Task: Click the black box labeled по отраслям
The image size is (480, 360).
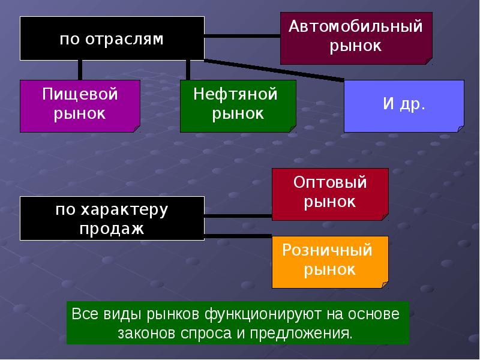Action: pos(112,38)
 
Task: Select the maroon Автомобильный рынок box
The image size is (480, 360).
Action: pos(356,37)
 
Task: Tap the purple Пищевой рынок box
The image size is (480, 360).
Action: pos(80,106)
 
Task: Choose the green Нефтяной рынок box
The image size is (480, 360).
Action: pos(238,106)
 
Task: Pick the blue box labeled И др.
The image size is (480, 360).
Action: pos(404,106)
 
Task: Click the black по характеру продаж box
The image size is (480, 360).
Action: pos(112,218)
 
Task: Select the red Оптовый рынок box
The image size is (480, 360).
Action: pos(330,193)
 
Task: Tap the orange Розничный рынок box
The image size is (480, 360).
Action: pos(330,262)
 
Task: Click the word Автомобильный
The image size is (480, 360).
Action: pos(356,26)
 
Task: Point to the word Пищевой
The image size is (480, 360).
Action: pos(80,95)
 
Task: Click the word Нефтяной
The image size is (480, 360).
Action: pos(238,95)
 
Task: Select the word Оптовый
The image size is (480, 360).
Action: pos(330,182)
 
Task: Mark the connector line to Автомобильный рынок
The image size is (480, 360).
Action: pos(242,36)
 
